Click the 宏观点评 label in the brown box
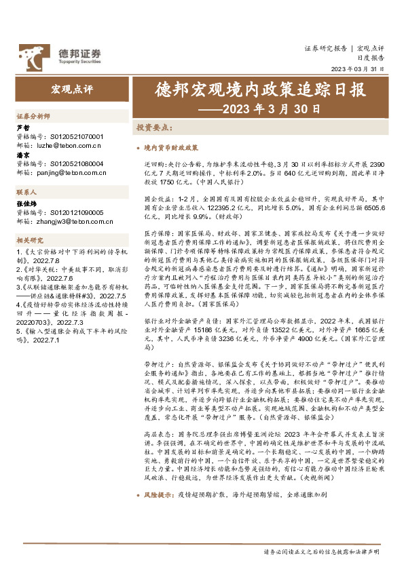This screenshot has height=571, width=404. coord(71,90)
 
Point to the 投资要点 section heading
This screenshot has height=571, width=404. coord(155,127)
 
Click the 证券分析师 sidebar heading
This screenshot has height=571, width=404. coord(33,117)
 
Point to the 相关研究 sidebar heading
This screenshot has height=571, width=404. coord(29,240)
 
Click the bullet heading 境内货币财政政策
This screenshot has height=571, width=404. coord(171,147)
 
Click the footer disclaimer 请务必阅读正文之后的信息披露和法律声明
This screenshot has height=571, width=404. coord(322,552)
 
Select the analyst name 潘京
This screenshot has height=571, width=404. coord(22,155)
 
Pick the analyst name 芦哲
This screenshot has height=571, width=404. coord(22,127)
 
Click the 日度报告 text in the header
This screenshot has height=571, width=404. coord(371,58)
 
